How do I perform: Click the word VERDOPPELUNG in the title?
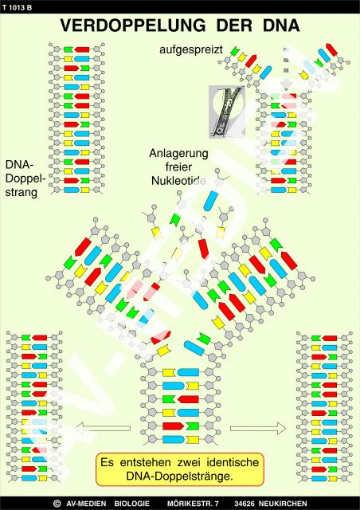coord(133,25)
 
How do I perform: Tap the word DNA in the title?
coord(281,25)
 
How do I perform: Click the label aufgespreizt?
coord(191,50)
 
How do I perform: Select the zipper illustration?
coord(227,112)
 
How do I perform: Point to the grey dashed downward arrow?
coord(286,69)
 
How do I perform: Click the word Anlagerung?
coord(178,153)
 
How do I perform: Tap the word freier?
coord(178,167)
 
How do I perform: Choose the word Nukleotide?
coord(178,181)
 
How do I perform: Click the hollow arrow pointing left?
coord(103,428)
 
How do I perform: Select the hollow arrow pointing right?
coord(258,429)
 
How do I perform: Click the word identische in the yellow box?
coord(233,462)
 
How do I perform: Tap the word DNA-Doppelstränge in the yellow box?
coord(179,477)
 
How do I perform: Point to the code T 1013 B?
coord(17,7)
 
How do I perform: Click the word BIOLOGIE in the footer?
coord(131,504)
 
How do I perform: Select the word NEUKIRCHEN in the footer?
coord(283,504)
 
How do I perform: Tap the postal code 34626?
coord(245,504)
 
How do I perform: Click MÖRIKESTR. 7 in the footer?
coord(194,504)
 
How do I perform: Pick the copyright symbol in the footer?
coord(57,504)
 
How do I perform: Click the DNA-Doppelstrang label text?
coord(24,178)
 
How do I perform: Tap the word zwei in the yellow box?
coord(189,462)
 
